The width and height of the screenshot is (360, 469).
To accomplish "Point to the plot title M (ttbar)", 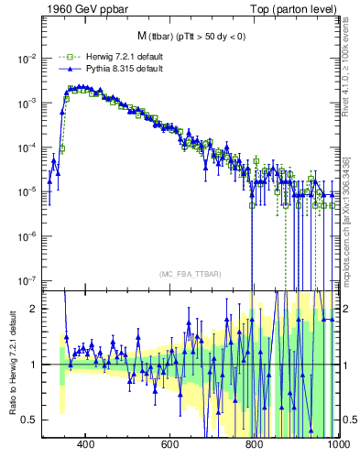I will (x=191, y=36).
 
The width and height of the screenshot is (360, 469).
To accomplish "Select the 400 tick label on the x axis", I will (x=85, y=446).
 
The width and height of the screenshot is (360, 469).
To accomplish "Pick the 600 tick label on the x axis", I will (x=169, y=446).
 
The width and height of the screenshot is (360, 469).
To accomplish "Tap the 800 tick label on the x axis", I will (x=254, y=446).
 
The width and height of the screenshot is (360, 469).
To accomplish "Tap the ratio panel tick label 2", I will (x=35, y=309).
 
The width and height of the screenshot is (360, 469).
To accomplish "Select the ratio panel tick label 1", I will (x=35, y=365).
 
